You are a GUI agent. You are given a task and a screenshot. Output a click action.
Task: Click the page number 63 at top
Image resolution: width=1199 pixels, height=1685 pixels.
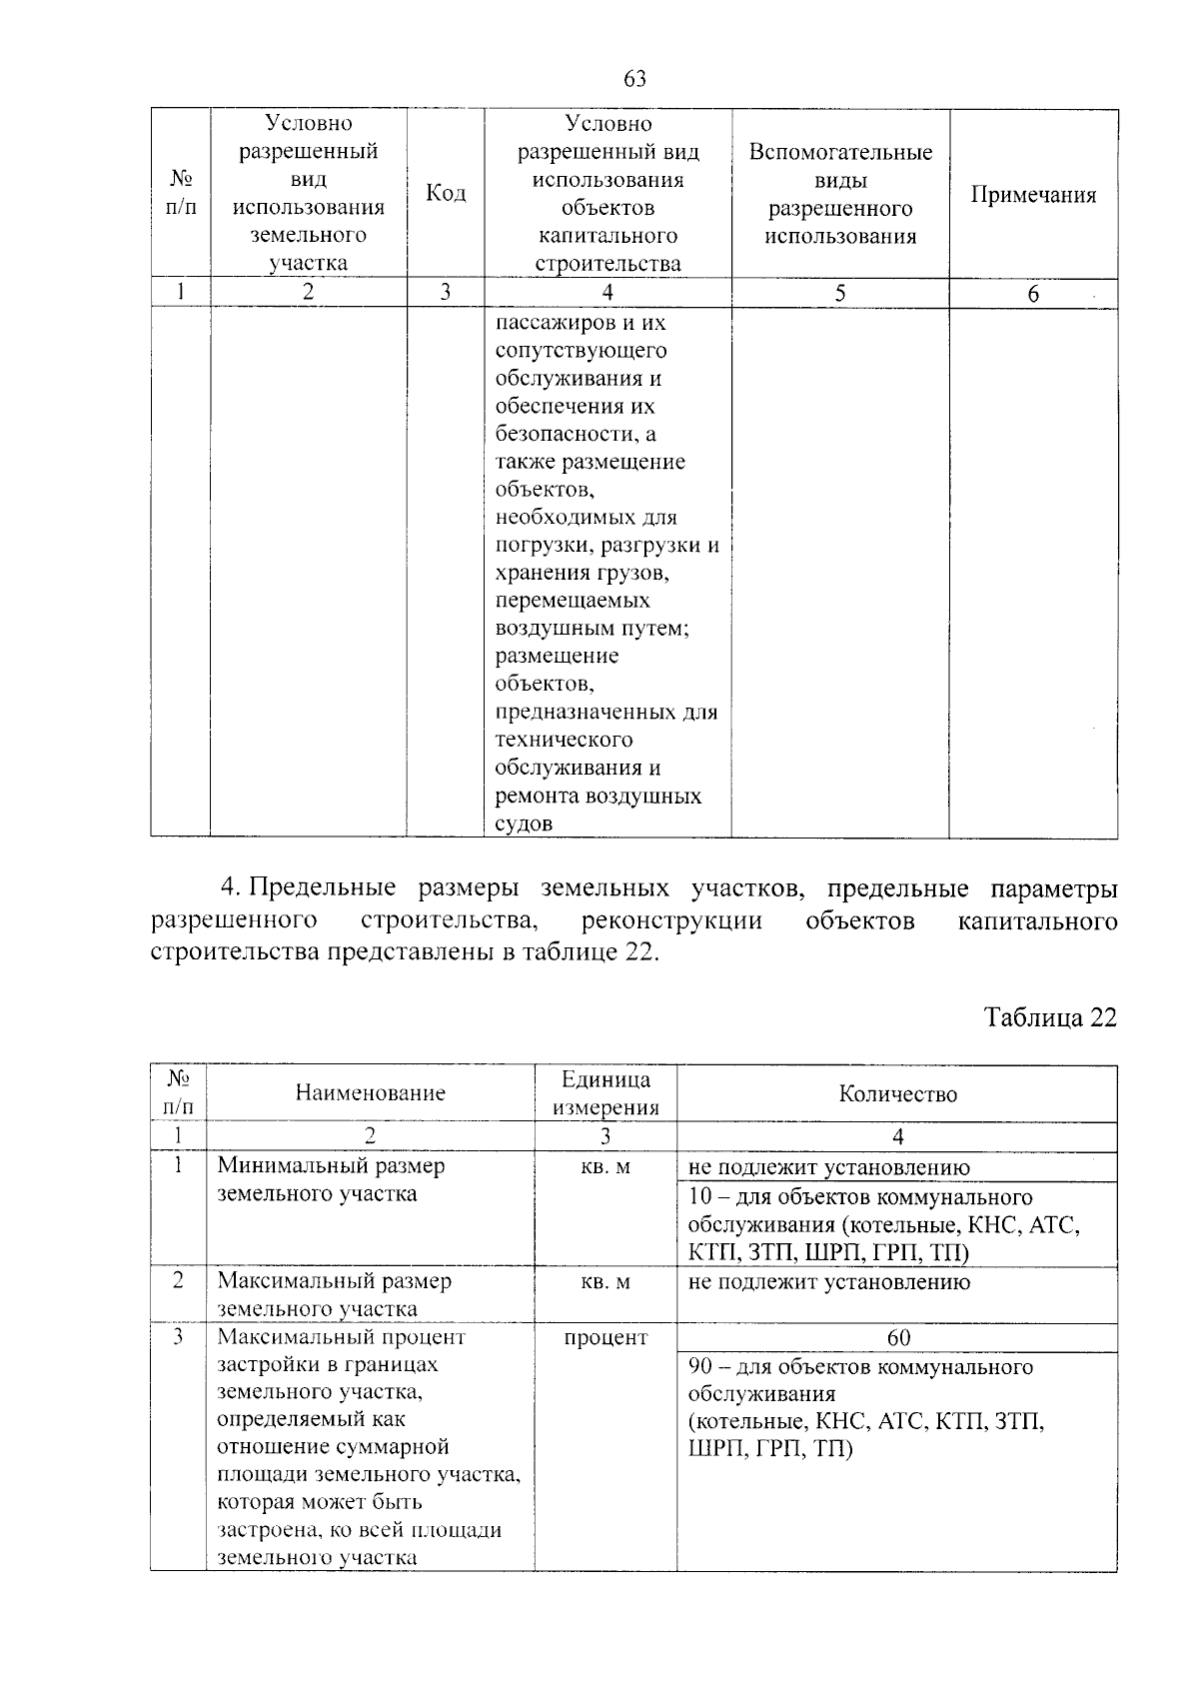click(x=634, y=79)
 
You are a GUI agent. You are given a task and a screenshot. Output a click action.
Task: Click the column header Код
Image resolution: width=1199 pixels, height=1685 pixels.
click(x=446, y=193)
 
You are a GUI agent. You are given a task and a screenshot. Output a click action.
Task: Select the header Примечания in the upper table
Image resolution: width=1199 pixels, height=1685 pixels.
click(x=1033, y=195)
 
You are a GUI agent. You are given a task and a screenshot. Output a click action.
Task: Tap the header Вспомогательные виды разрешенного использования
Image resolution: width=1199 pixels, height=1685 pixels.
click(x=840, y=194)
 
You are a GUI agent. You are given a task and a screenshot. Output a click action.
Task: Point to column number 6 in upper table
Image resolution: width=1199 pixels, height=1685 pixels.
click(x=1033, y=293)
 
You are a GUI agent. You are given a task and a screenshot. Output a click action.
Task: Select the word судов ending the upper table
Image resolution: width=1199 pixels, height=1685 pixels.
click(x=524, y=825)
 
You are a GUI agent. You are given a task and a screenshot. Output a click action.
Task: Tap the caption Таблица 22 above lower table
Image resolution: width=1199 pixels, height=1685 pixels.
click(x=1050, y=1016)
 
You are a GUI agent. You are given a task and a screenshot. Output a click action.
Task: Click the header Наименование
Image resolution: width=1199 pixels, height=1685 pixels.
click(x=371, y=1092)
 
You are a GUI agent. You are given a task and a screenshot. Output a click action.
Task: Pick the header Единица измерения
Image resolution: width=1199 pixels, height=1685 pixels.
click(x=605, y=1092)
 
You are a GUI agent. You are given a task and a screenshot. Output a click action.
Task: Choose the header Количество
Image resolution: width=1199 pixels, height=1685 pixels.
click(x=897, y=1093)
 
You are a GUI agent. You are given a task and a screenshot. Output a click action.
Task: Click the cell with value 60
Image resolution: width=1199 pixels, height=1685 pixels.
click(x=897, y=1337)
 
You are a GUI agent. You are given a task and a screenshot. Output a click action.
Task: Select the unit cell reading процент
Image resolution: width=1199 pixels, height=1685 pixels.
click(x=605, y=1337)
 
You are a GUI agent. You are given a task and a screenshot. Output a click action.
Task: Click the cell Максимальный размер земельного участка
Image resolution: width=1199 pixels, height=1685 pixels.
click(x=335, y=1294)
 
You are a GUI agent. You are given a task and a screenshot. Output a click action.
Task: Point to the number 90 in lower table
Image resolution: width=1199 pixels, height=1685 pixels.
click(x=699, y=1366)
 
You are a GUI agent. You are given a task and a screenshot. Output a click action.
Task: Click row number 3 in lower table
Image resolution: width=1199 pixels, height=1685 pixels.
click(x=178, y=1337)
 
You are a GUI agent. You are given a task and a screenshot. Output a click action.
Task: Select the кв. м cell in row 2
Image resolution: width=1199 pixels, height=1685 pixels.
click(x=605, y=1281)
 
